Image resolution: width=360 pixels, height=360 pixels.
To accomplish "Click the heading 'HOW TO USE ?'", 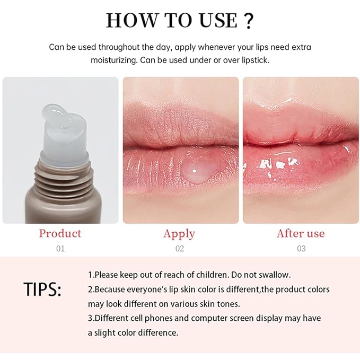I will pos(180,20).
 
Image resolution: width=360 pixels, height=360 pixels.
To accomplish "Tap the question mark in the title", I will pos(247,20).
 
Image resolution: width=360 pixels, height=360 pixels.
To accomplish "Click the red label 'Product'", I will pos(60,233).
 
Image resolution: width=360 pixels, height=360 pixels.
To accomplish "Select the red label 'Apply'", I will pos(179,234).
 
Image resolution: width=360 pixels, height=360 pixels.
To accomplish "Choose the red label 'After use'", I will pos(301,233).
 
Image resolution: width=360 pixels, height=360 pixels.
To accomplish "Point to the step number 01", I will pos(60,248).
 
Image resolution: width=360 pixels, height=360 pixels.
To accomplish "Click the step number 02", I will pos(180,248).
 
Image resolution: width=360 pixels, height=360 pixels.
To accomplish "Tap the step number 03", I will pos(301,248).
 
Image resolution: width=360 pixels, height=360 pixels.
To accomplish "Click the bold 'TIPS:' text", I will pos(42,289).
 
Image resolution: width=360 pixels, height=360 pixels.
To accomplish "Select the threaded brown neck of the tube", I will pos(59,170).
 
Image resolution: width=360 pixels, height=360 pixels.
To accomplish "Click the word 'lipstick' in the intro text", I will pos(254,60).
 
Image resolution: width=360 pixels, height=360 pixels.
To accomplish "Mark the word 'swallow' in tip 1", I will pos(275,275).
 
